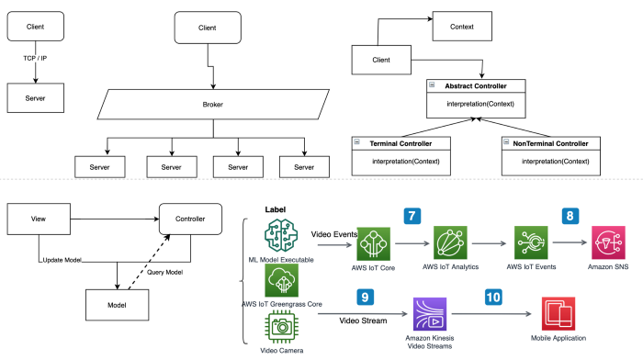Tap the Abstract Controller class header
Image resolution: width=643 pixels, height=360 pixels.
(479, 86)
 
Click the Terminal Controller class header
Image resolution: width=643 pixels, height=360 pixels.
(400, 144)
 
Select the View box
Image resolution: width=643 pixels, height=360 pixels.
(39, 219)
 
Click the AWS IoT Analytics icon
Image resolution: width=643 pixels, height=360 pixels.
(453, 245)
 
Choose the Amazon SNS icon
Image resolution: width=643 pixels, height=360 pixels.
(608, 245)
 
